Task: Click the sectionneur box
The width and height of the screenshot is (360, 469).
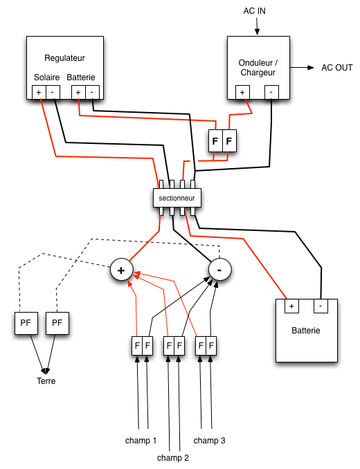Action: coord(177,198)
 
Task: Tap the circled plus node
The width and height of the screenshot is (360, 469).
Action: coord(121,270)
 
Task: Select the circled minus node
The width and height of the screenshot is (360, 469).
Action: coord(219,270)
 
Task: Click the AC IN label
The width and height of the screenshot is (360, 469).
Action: coord(254,11)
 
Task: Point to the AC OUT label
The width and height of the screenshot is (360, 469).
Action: coord(337,68)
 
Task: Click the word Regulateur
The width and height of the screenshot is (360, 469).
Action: coord(64,58)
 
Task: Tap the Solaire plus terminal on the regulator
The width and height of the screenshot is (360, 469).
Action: coord(39,93)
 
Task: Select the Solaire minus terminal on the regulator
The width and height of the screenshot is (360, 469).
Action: coord(53,93)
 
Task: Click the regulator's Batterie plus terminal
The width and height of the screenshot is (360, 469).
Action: coord(78,93)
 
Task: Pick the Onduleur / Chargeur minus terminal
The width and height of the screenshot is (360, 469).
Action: coord(271,93)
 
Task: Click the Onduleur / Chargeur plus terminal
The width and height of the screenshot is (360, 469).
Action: coord(242,93)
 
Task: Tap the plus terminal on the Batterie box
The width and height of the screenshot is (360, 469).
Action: coord(291,306)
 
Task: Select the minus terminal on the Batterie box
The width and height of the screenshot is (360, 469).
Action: coord(321,306)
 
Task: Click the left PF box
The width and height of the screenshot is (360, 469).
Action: coord(26,323)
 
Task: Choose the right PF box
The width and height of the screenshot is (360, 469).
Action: coord(57,323)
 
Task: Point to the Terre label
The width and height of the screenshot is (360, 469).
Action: coord(46,381)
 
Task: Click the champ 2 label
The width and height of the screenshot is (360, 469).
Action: coord(173,458)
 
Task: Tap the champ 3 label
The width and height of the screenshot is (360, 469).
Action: coord(209,441)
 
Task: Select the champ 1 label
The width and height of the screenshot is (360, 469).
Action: coord(141,441)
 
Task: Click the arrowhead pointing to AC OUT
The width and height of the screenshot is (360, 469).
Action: coord(311,68)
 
